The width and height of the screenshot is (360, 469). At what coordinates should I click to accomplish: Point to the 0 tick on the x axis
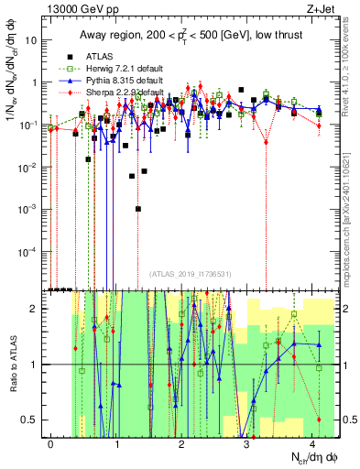pos(50,443)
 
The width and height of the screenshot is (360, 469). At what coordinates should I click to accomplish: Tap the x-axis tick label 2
pos(181,443)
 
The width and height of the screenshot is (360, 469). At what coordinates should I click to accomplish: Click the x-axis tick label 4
pos(312,443)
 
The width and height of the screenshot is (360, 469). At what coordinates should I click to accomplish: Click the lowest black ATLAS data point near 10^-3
pos(138,209)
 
